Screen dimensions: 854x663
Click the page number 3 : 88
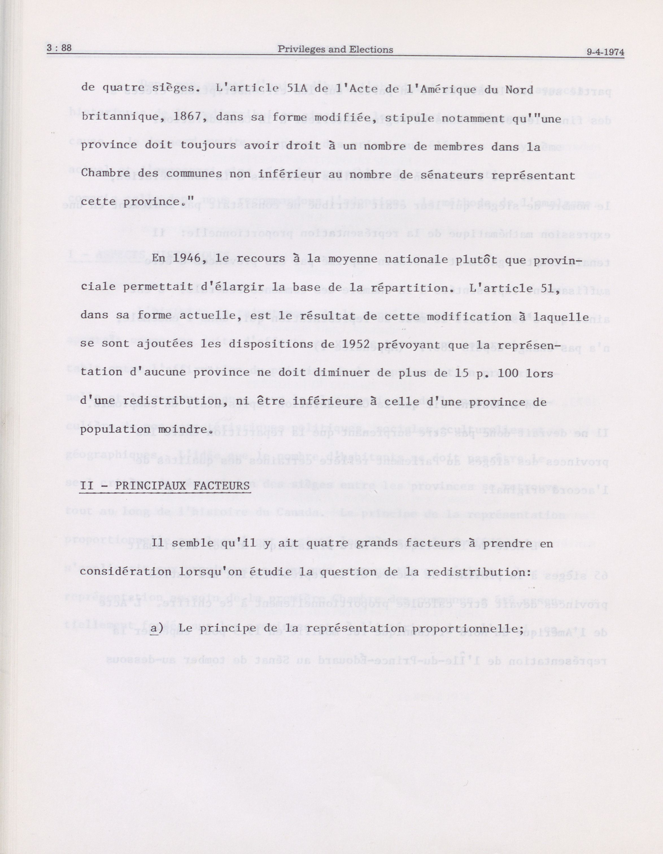click(x=59, y=48)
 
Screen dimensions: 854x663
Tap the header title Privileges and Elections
click(x=335, y=50)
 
